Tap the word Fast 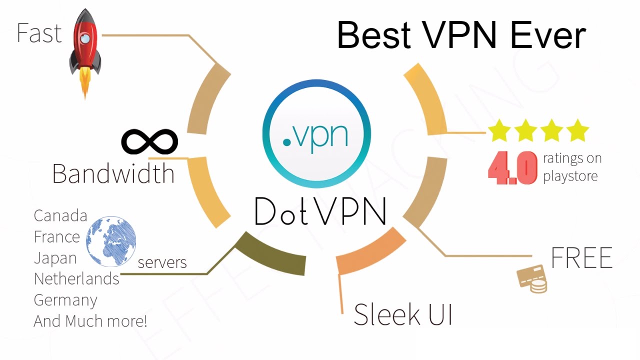click(39, 33)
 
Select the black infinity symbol click(149, 141)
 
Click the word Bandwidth click(113, 173)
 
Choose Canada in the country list click(60, 216)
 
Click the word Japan click(55, 258)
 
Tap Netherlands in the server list click(76, 279)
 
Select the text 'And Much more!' click(90, 320)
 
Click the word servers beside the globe click(162, 262)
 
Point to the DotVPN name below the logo click(320, 211)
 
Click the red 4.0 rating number click(512, 169)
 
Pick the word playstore click(570, 176)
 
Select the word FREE click(581, 257)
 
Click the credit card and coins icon click(531, 278)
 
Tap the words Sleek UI click(403, 314)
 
